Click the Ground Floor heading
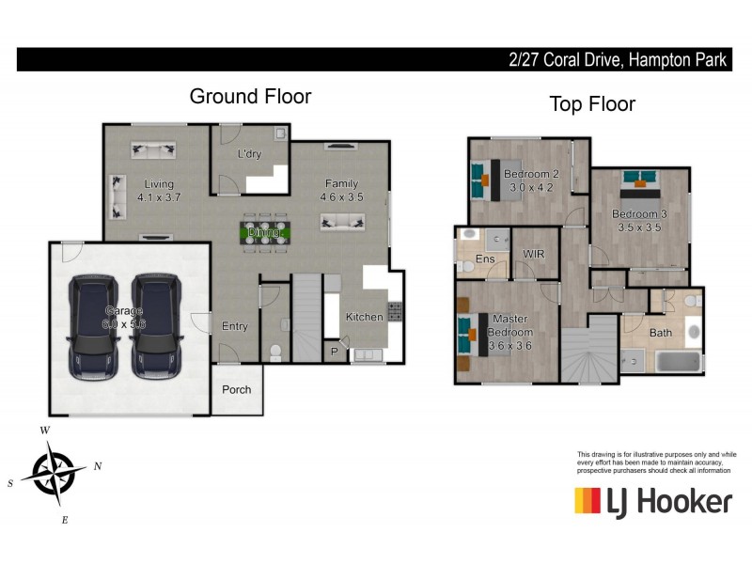coord(250,96)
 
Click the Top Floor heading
coord(592,103)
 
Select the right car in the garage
coord(154,325)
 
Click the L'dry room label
coord(249,153)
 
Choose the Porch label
coord(236,389)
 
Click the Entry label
coord(234,326)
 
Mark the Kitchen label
coord(364,317)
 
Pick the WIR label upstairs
coord(533,254)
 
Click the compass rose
coord(55,472)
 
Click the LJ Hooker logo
coord(652,501)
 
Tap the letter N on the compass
coord(98,465)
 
